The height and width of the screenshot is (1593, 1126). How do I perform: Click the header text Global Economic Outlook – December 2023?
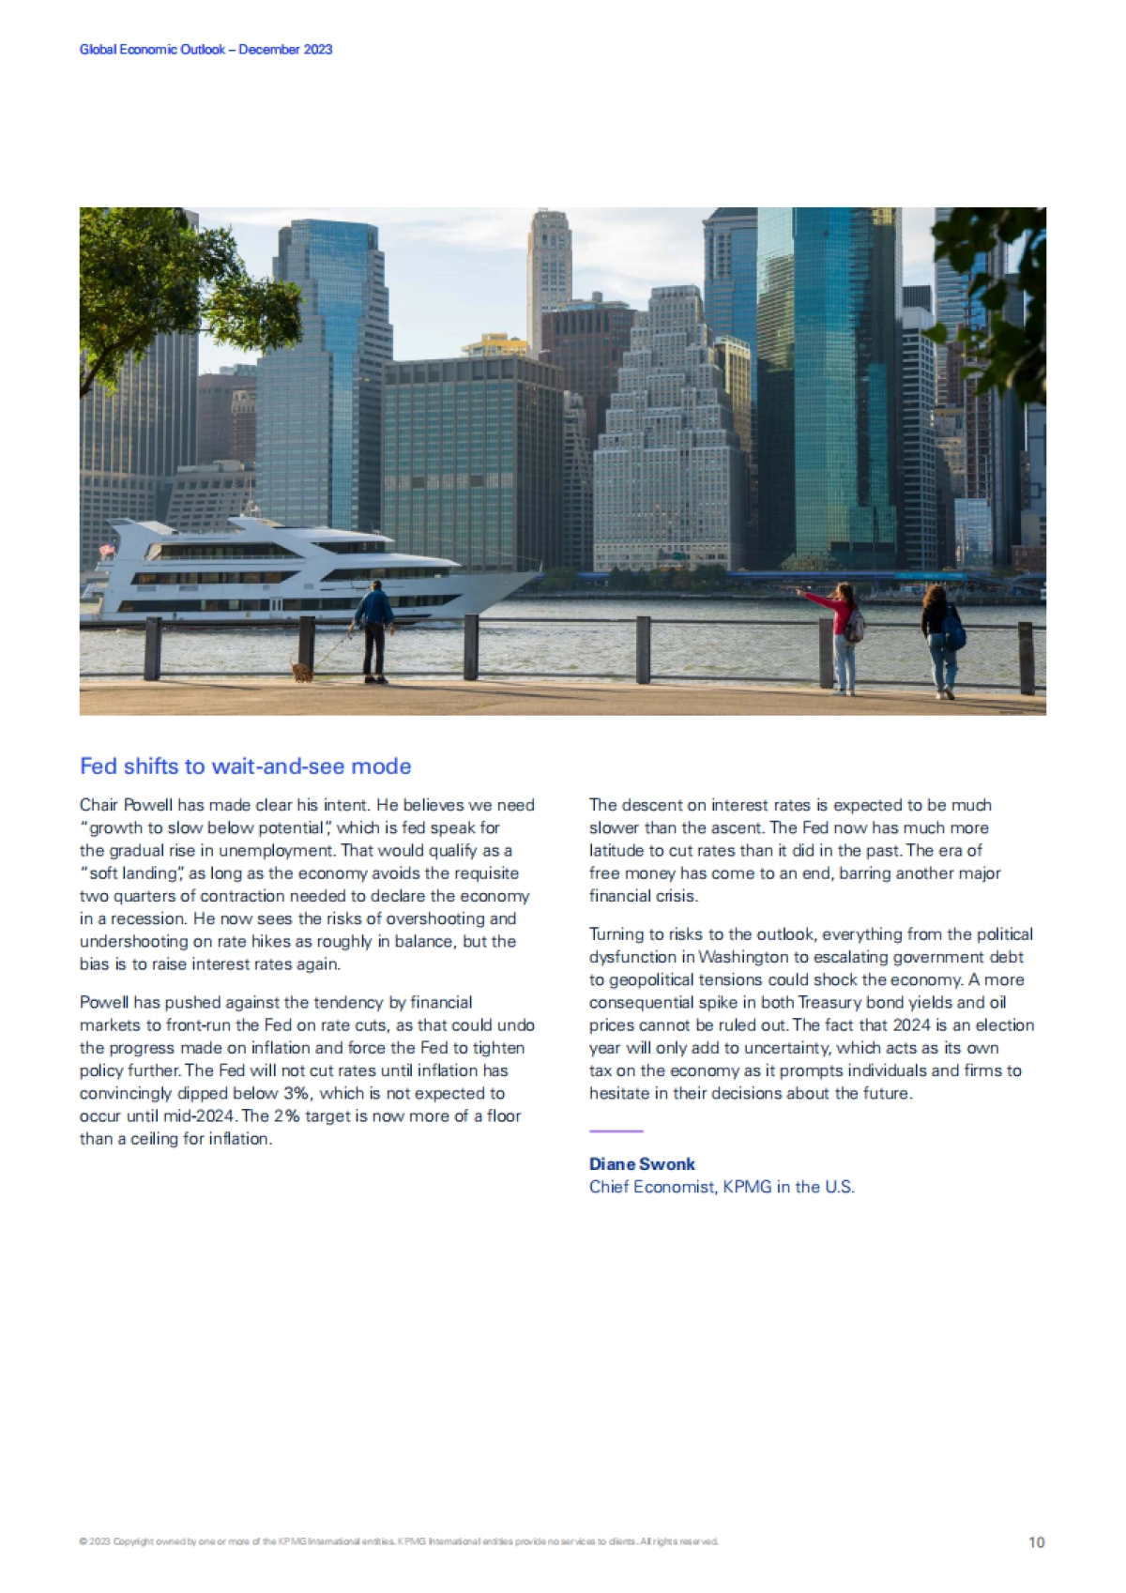[205, 50]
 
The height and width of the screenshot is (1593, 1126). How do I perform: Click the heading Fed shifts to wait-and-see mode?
[245, 766]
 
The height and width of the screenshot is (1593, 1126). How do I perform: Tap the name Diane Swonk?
[642, 1164]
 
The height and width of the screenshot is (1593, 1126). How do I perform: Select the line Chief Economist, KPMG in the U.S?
[722, 1187]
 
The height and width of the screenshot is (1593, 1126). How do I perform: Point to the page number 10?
[1036, 1542]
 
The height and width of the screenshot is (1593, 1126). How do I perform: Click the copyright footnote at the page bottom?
[399, 1541]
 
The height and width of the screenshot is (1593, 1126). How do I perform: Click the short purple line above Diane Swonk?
[616, 1131]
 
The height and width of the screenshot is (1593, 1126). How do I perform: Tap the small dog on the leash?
[301, 672]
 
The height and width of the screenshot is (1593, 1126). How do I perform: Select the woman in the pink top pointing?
[843, 636]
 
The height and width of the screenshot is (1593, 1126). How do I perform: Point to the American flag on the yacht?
[107, 551]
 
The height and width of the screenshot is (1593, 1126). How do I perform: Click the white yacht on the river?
[300, 572]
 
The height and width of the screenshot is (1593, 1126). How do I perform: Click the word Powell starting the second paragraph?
[104, 1003]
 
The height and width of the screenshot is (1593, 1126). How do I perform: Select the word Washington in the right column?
[743, 957]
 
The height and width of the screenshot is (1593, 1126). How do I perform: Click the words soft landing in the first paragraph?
[132, 873]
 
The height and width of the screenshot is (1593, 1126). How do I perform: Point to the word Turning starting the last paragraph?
[616, 934]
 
